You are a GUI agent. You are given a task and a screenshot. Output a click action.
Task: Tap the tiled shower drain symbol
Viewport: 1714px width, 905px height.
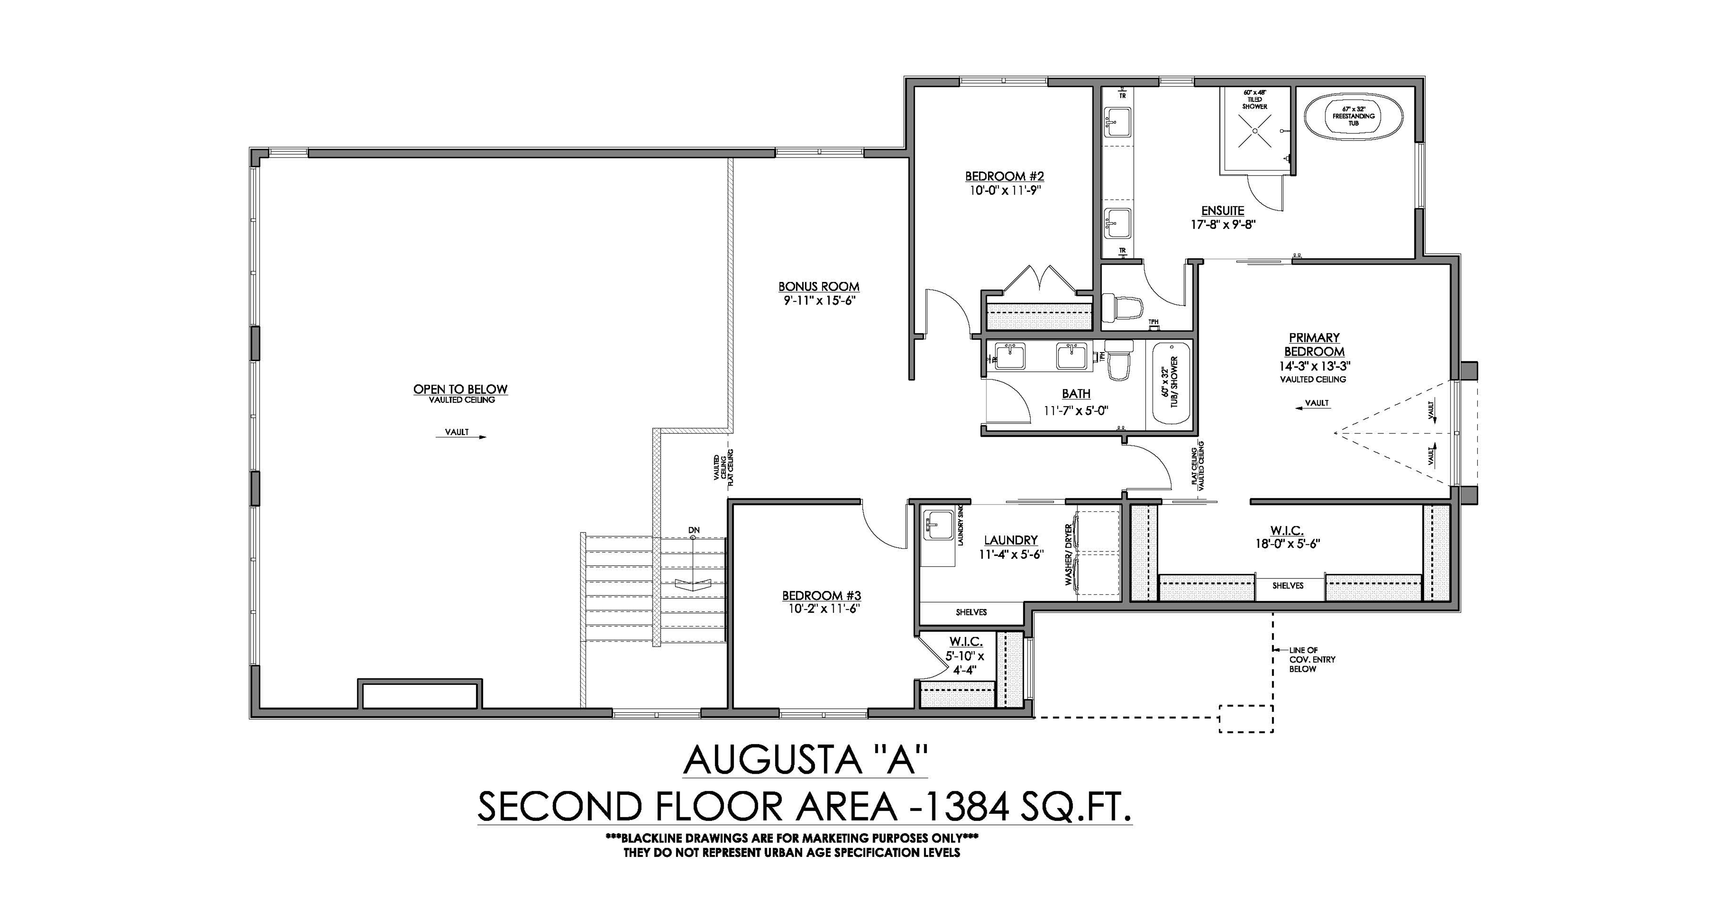click(1255, 131)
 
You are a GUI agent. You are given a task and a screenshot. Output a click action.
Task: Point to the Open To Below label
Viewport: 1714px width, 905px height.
click(461, 389)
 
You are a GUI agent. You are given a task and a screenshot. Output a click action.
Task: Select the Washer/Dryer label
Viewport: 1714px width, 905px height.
click(1069, 554)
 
